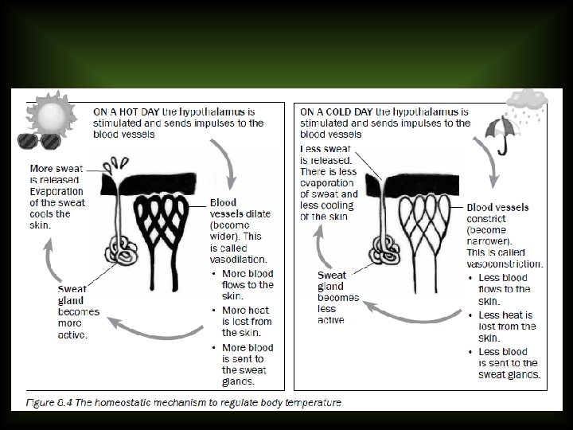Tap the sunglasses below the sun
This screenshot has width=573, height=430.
tap(40, 142)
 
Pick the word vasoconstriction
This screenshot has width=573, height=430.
tap(505, 264)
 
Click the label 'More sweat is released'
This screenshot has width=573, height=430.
tap(54, 174)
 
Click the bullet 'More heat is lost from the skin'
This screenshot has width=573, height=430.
tap(248, 321)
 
